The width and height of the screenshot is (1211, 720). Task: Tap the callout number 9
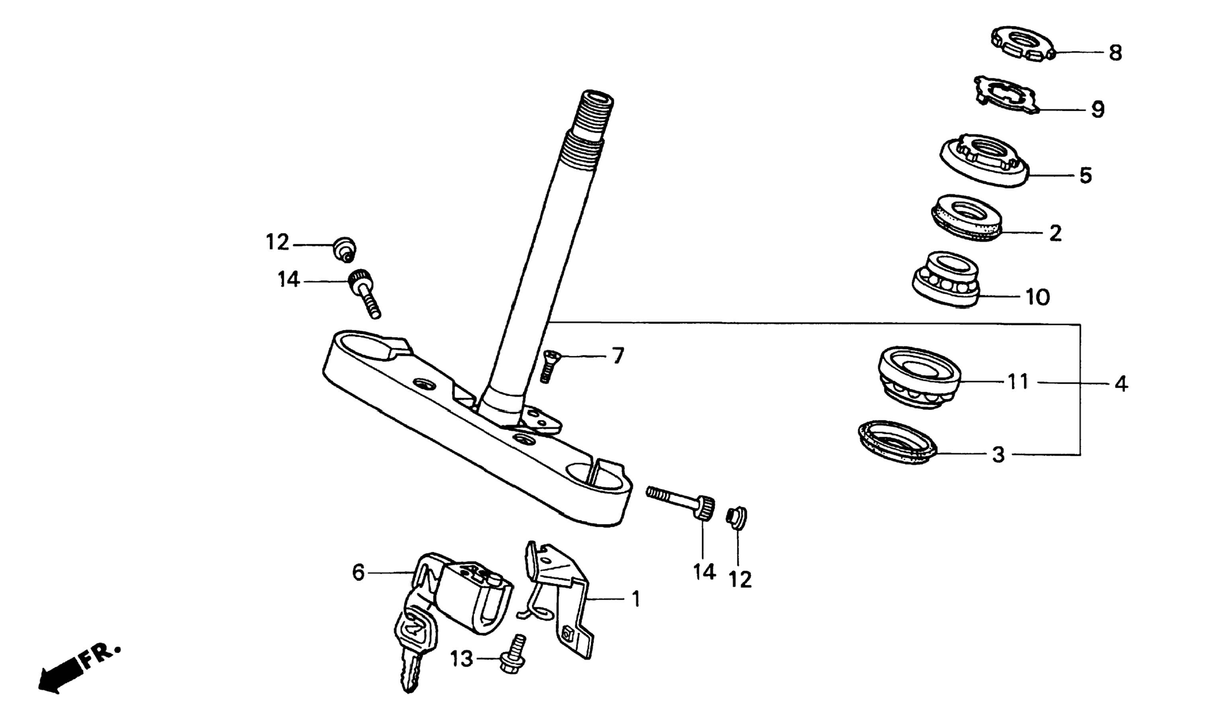(x=1097, y=110)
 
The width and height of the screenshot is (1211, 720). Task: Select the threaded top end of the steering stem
(x=593, y=116)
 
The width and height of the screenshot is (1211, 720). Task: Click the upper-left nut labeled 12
(x=345, y=249)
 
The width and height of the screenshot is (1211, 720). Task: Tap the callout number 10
(x=1037, y=297)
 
